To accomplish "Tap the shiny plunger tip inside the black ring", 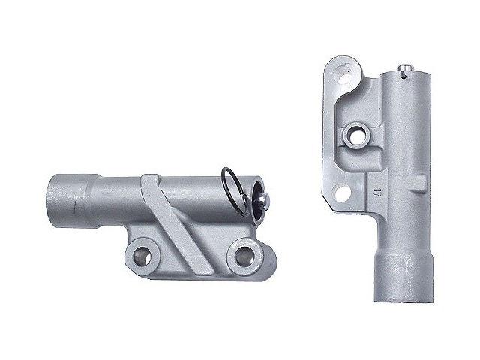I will [265, 199].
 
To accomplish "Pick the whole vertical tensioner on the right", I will [379, 180].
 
